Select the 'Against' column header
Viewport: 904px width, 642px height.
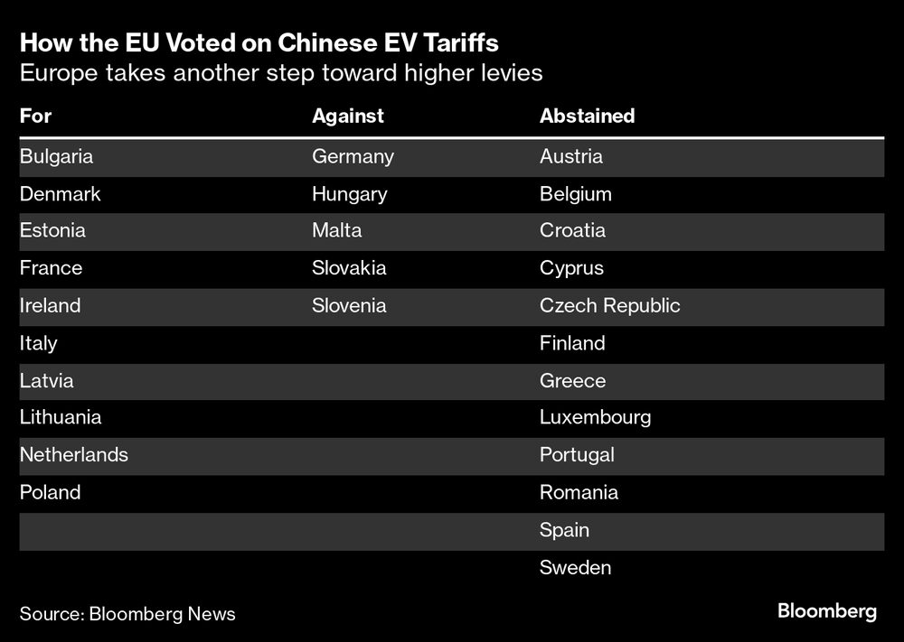coord(348,116)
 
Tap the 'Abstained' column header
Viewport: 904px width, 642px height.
coord(587,116)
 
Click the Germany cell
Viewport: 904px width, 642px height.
coord(353,156)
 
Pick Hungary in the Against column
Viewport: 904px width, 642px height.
coord(349,194)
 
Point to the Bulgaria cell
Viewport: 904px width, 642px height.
coord(56,156)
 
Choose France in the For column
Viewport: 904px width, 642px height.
coord(51,268)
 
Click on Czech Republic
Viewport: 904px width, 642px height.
coord(609,305)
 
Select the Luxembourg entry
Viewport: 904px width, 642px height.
coord(595,417)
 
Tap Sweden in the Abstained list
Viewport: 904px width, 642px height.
coord(575,567)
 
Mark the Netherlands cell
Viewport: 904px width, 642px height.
coord(74,454)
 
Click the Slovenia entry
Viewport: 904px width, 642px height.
coord(349,305)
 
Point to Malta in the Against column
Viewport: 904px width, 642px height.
coord(336,230)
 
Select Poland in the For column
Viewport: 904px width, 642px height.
coord(50,492)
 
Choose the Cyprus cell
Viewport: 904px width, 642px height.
coord(571,268)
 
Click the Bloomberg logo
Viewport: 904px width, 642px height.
coord(826,611)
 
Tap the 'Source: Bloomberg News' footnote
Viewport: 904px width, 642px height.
coord(127,614)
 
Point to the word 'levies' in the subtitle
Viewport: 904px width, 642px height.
coord(510,73)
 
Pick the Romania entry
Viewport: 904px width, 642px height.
coord(579,492)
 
